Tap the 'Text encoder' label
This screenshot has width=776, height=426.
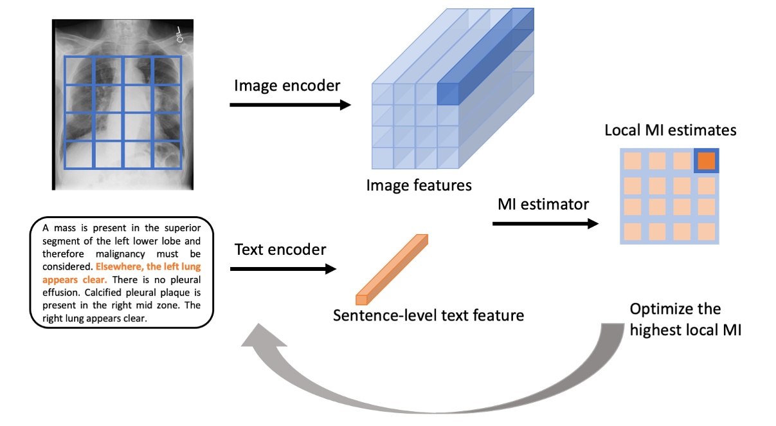coord(280,249)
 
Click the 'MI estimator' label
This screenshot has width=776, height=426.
coord(543,205)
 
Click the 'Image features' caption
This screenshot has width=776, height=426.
coord(419,185)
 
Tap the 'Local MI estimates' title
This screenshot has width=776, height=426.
coord(670,131)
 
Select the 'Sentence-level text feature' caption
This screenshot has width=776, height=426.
coord(428,315)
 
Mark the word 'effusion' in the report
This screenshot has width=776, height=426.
coord(59,292)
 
